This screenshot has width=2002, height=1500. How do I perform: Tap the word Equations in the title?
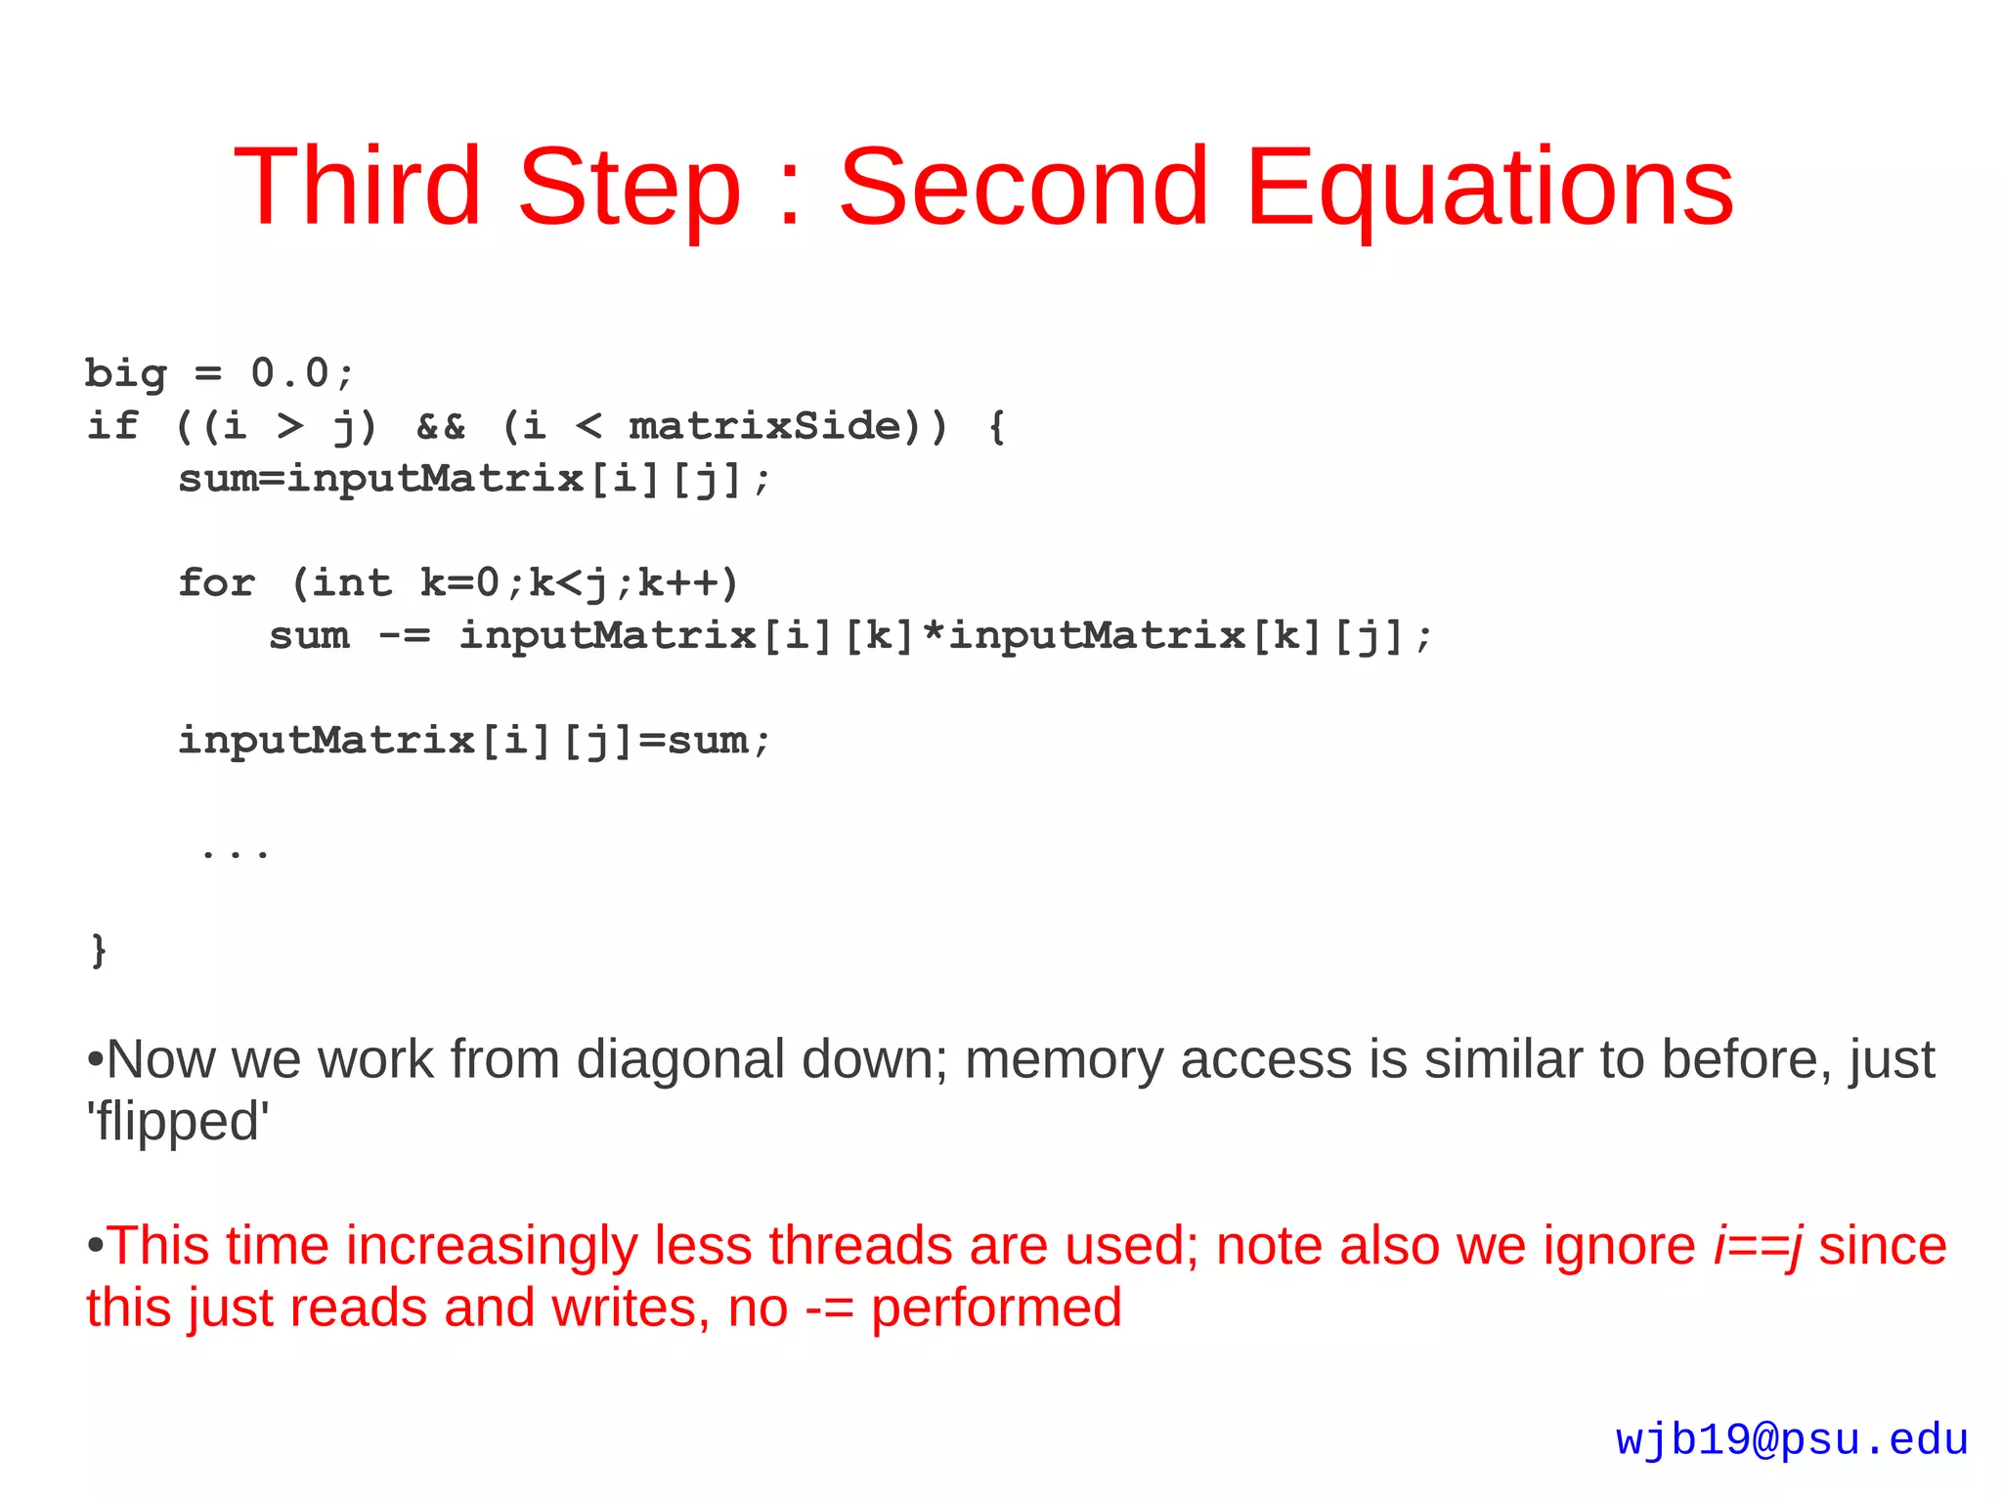1489,188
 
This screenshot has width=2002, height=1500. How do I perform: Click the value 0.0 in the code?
289,372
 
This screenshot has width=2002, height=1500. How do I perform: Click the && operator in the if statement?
441,426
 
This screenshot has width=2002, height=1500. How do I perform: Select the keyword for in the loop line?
216,582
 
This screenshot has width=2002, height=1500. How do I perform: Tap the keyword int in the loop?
352,582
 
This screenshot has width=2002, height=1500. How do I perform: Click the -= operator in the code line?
404,636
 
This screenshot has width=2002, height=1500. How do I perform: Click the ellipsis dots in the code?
235,853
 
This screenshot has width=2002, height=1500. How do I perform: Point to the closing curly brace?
98,949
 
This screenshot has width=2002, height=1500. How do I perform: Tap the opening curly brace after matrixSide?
996,426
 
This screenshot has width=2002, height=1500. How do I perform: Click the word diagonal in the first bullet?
680,1058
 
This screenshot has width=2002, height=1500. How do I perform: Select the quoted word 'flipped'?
177,1120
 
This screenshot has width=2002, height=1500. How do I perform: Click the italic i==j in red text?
1757,1246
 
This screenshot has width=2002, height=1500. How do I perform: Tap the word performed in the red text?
995,1307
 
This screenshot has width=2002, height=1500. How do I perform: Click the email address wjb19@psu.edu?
1791,1439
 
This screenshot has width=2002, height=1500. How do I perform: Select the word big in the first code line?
125,373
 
